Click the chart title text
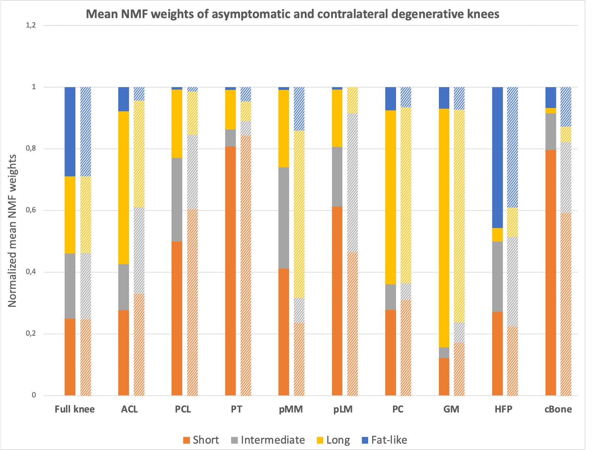tap(292, 15)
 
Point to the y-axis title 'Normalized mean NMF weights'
tap(12, 231)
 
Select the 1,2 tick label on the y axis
tap(31, 25)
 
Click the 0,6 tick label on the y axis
tap(31, 210)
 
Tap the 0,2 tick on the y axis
tap(31, 334)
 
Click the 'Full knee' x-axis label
tap(75, 409)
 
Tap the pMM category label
tap(291, 409)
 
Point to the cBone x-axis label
tap(558, 409)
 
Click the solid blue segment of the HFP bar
tap(498, 157)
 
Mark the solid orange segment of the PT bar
tap(230, 271)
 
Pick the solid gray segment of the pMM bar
tap(284, 218)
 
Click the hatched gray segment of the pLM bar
tap(352, 182)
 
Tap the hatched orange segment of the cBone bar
tap(566, 304)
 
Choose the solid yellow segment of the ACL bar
tap(124, 187)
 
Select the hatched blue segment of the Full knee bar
tap(86, 132)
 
